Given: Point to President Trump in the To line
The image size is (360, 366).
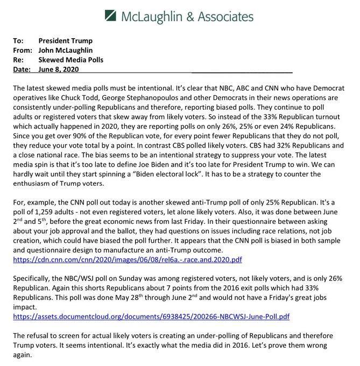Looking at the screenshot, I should pyautogui.click(x=66, y=41).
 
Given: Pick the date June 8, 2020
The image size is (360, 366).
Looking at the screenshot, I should pyautogui.click(x=61, y=69).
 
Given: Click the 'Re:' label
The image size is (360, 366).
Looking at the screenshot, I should pyautogui.click(x=18, y=60).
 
